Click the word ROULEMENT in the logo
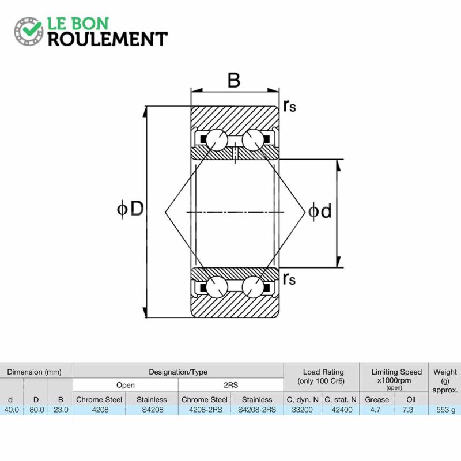108,39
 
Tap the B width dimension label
234,80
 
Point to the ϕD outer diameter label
130,209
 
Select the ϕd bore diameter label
320,211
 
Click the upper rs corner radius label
289,106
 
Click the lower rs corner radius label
289,279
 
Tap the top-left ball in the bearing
217,140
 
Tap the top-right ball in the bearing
253,140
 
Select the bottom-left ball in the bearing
217,287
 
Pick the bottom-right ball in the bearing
253,287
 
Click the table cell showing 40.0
12,410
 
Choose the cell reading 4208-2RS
206,410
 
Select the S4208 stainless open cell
152,410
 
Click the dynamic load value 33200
302,410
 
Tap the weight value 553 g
445,410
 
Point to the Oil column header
411,399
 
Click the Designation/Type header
178,372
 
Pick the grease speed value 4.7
376,410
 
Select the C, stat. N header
341,400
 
